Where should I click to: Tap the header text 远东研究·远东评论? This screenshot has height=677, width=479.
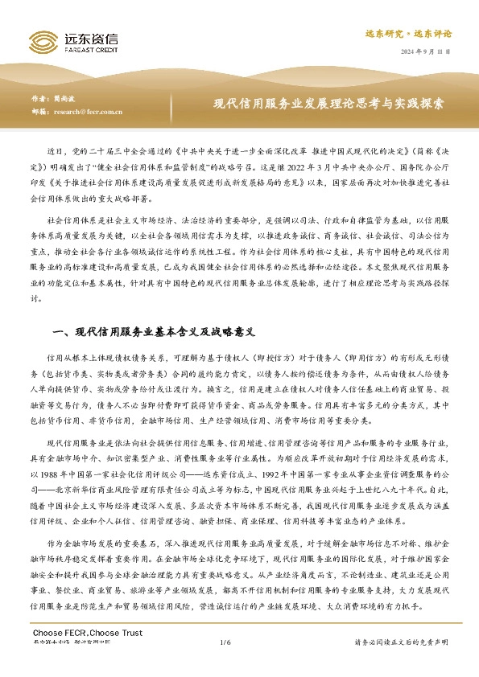click(x=408, y=34)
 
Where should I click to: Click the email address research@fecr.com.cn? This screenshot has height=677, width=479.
click(x=88, y=112)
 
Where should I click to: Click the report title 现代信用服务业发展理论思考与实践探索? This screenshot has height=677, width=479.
click(x=328, y=105)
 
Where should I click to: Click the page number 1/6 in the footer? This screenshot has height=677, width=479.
click(x=225, y=642)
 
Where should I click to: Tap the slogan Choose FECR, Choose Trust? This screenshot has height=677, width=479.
click(x=76, y=634)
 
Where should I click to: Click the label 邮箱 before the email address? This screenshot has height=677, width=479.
click(x=39, y=112)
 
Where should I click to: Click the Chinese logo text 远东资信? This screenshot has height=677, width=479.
click(x=90, y=36)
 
